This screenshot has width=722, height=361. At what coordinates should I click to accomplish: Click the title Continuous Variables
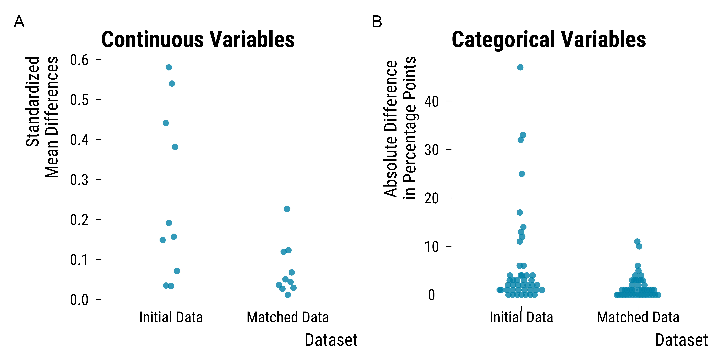coord(198,39)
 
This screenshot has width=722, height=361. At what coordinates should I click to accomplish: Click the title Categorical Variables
coord(549,39)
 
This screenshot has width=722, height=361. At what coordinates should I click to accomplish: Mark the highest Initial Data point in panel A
coord(169,67)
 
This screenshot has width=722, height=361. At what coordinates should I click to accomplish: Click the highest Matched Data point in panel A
coord(287,209)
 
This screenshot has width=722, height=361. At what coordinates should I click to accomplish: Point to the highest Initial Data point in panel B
coord(520,67)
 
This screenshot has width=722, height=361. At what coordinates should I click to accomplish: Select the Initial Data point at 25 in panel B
coord(522,174)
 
